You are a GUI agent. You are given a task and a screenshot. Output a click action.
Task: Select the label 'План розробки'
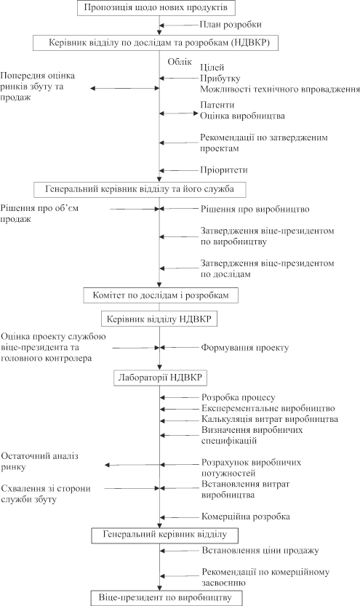(231, 24)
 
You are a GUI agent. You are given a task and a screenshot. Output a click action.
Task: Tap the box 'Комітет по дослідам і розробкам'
(161, 295)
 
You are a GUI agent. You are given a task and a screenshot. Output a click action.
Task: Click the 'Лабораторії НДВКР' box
(160, 378)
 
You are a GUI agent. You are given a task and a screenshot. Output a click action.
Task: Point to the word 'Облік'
(180, 61)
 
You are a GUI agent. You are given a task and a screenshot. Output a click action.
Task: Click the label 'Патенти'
(217, 105)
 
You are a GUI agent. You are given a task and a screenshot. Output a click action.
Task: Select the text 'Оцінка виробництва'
(243, 116)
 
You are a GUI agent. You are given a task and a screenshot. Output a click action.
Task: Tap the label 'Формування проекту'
(245, 348)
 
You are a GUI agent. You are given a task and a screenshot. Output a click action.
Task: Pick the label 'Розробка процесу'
(239, 397)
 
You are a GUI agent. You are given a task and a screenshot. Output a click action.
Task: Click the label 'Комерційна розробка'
(246, 517)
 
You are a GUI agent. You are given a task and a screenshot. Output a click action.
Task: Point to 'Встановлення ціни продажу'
(260, 550)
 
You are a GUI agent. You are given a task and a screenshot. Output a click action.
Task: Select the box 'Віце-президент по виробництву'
(167, 597)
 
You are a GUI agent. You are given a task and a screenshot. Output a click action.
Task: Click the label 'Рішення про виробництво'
(255, 209)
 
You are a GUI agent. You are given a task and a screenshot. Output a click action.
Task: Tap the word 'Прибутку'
(220, 79)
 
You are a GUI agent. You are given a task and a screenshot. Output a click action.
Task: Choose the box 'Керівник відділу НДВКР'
(159, 319)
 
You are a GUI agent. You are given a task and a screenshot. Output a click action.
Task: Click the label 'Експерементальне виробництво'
(268, 408)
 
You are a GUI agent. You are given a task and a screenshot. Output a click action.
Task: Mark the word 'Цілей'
(212, 68)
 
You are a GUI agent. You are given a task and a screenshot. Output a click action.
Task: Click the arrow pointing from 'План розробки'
(179, 25)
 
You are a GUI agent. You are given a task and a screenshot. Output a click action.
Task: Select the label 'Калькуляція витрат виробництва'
(270, 419)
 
